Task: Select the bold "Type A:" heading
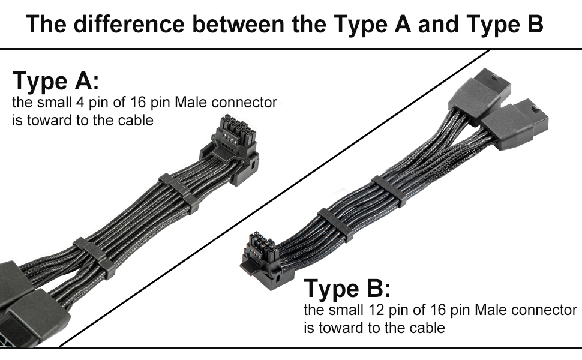click(55, 81)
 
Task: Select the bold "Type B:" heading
click(347, 288)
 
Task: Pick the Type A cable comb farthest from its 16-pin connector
click(91, 257)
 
